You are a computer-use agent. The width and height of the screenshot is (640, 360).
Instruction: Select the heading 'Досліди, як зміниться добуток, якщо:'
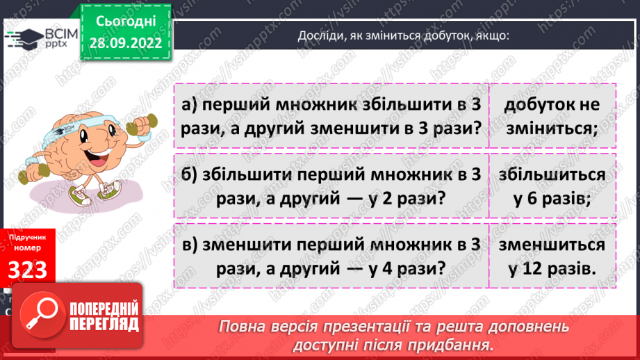pos(404,37)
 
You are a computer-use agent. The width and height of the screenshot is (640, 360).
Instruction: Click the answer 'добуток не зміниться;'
pos(552,115)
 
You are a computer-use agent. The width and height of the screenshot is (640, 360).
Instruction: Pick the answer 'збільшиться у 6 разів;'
pos(552,186)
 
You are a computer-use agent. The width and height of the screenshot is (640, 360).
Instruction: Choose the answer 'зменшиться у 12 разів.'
pos(552,256)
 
